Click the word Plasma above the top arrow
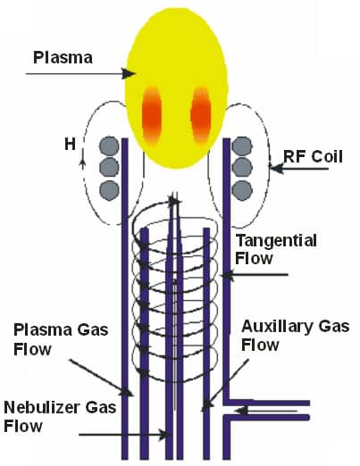pyautogui.click(x=63, y=57)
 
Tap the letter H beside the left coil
pyautogui.click(x=70, y=145)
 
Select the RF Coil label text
pyautogui.click(x=313, y=156)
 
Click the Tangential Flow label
pyautogui.click(x=276, y=249)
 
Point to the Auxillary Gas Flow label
pyautogui.click(x=295, y=336)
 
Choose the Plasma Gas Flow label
pyautogui.click(x=61, y=339)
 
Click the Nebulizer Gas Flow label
pyautogui.click(x=60, y=416)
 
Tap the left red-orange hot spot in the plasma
pyautogui.click(x=152, y=115)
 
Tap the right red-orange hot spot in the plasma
pyautogui.click(x=201, y=115)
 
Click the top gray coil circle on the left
pyautogui.click(x=109, y=146)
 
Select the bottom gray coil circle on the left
pyautogui.click(x=109, y=190)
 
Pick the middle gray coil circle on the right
pyautogui.click(x=242, y=168)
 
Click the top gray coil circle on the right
pyautogui.click(x=242, y=146)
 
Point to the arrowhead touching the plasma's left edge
pyautogui.click(x=129, y=73)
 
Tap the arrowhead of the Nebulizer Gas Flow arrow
pyautogui.click(x=163, y=435)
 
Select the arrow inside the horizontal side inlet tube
pyautogui.click(x=266, y=411)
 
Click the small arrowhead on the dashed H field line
pyautogui.click(x=83, y=162)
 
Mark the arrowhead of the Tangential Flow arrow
pyautogui.click(x=227, y=275)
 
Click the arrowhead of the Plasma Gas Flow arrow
pyautogui.click(x=127, y=391)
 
